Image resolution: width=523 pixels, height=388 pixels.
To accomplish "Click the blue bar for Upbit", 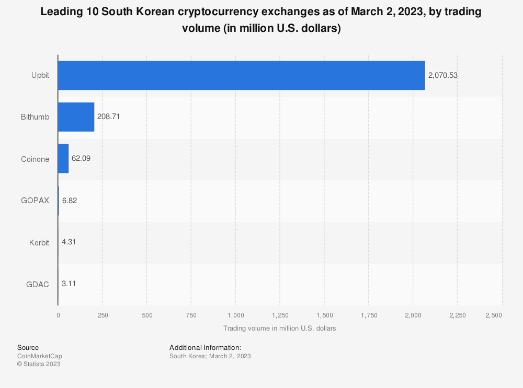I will click(241, 75).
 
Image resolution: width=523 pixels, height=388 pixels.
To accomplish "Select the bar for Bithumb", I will click(76, 117).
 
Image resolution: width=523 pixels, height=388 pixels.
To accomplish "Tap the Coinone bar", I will click(63, 159).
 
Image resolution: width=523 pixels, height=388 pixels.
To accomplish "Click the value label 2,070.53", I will click(442, 75).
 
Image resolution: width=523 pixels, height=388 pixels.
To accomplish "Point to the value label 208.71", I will click(109, 117).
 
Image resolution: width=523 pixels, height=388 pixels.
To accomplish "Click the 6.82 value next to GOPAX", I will click(70, 201).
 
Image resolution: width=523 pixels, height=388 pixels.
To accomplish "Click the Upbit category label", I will click(40, 75).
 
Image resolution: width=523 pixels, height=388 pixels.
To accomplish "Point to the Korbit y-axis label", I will click(39, 242).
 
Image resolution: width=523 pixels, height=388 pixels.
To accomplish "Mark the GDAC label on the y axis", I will click(38, 284).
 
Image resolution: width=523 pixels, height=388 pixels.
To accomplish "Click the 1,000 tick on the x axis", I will click(235, 315).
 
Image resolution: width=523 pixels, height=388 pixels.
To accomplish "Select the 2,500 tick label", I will click(493, 315).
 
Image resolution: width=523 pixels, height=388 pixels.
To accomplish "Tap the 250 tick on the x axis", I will click(103, 315).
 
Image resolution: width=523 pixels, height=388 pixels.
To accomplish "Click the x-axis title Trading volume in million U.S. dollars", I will click(279, 328).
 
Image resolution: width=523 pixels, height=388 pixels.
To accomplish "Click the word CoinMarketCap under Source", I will click(39, 356).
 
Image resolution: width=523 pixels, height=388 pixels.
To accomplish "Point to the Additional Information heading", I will click(206, 347).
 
